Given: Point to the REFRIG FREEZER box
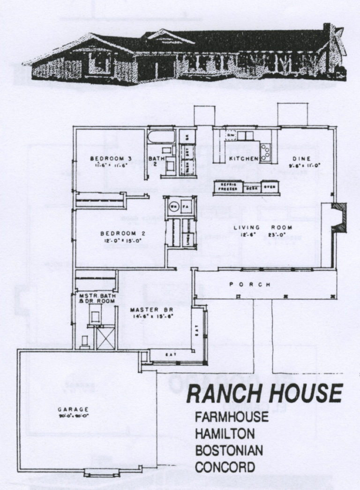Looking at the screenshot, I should coord(228,187).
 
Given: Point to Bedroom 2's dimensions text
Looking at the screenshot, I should coord(122,241).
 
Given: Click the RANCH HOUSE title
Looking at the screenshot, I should coord(264,393).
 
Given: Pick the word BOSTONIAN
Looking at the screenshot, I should coord(229,450).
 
